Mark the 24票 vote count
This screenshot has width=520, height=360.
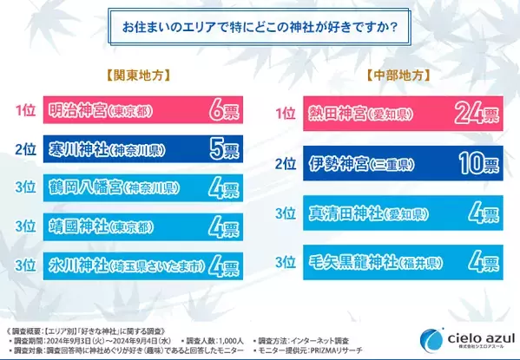click(473, 114)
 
